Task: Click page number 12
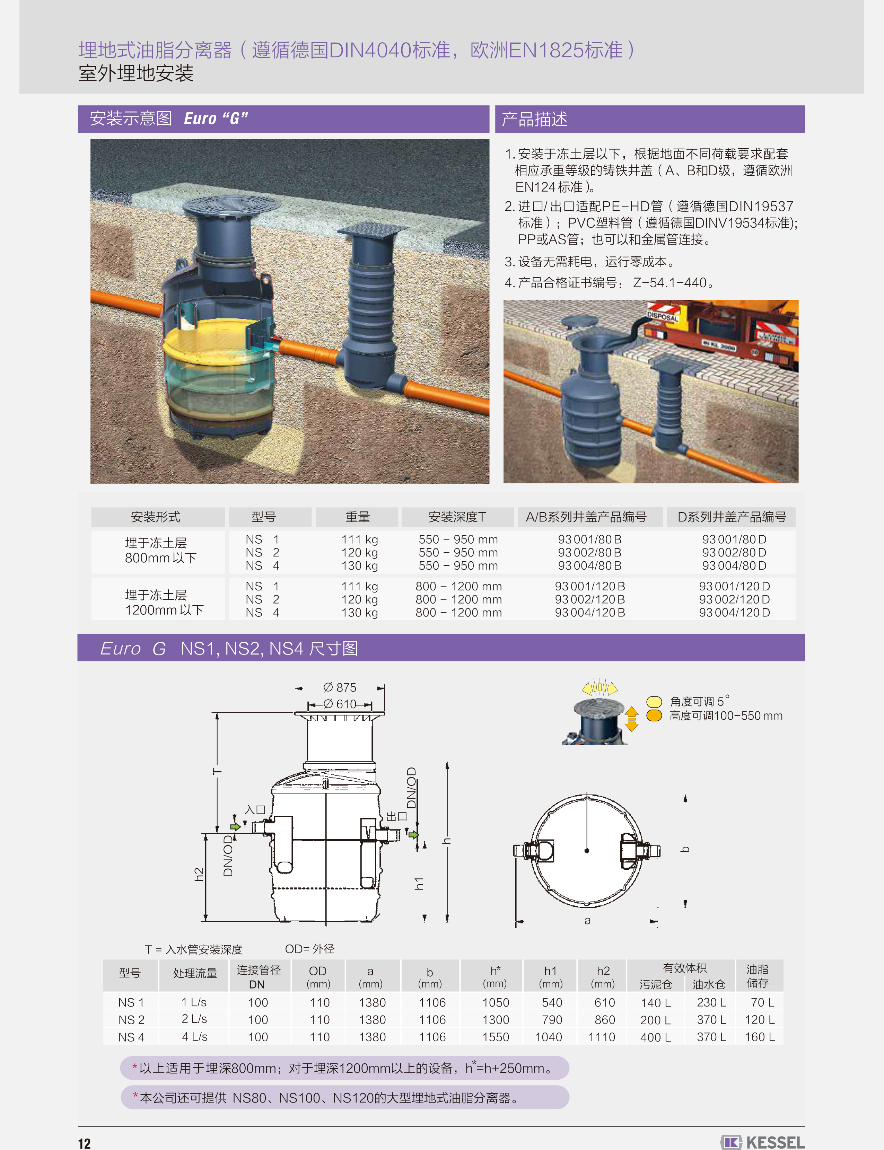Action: pos(84,1143)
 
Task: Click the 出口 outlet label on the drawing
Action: pos(397,816)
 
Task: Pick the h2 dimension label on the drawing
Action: pos(199,874)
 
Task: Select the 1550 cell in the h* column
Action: pos(496,1037)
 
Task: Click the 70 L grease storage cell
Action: pos(762,1003)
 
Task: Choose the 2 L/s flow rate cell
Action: pos(194,1019)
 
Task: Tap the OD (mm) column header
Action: pos(318,977)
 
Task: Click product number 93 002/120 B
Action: pos(590,599)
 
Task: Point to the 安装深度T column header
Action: pos(457,517)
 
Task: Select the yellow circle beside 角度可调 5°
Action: pos(654,701)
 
